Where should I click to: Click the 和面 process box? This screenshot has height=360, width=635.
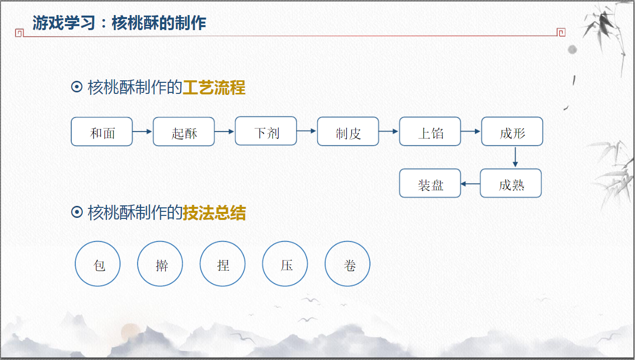[x=102, y=132]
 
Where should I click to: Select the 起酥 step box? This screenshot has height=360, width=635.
[x=184, y=132]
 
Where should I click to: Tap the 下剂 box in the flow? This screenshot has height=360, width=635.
[x=266, y=132]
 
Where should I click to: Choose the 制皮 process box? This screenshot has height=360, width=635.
[x=348, y=132]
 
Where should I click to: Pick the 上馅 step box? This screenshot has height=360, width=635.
[x=430, y=132]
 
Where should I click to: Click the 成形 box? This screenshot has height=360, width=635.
[x=512, y=132]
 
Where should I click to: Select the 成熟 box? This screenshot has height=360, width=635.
[x=511, y=183]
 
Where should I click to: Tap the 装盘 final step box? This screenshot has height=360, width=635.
[x=430, y=183]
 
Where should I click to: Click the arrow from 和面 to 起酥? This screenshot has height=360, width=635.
[x=143, y=132]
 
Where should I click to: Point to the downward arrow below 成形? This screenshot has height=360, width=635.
[x=515, y=157]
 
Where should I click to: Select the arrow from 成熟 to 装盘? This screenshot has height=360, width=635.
[x=470, y=184]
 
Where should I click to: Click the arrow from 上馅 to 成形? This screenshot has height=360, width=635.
[x=471, y=132]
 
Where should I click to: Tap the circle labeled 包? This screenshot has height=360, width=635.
[x=98, y=264]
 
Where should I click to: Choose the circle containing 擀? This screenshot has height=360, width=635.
[x=160, y=264]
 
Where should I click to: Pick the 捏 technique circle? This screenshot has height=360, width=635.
[x=223, y=264]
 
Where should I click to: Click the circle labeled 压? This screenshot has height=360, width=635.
[x=285, y=264]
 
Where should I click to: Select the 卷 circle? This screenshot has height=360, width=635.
[x=348, y=264]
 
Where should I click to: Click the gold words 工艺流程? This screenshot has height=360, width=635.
[x=214, y=88]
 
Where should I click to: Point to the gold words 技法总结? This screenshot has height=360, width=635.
[x=214, y=213]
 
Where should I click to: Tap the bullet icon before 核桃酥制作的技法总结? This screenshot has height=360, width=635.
[x=77, y=213]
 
